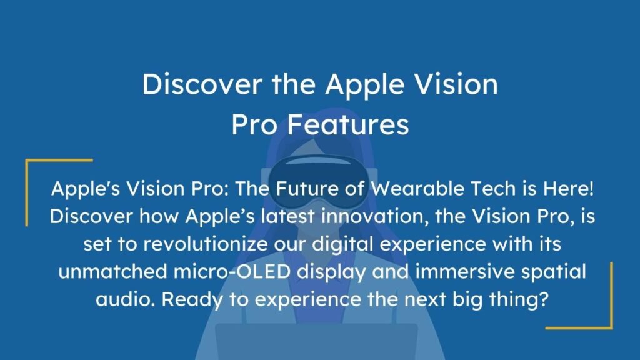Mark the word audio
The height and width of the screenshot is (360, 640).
click(122, 299)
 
